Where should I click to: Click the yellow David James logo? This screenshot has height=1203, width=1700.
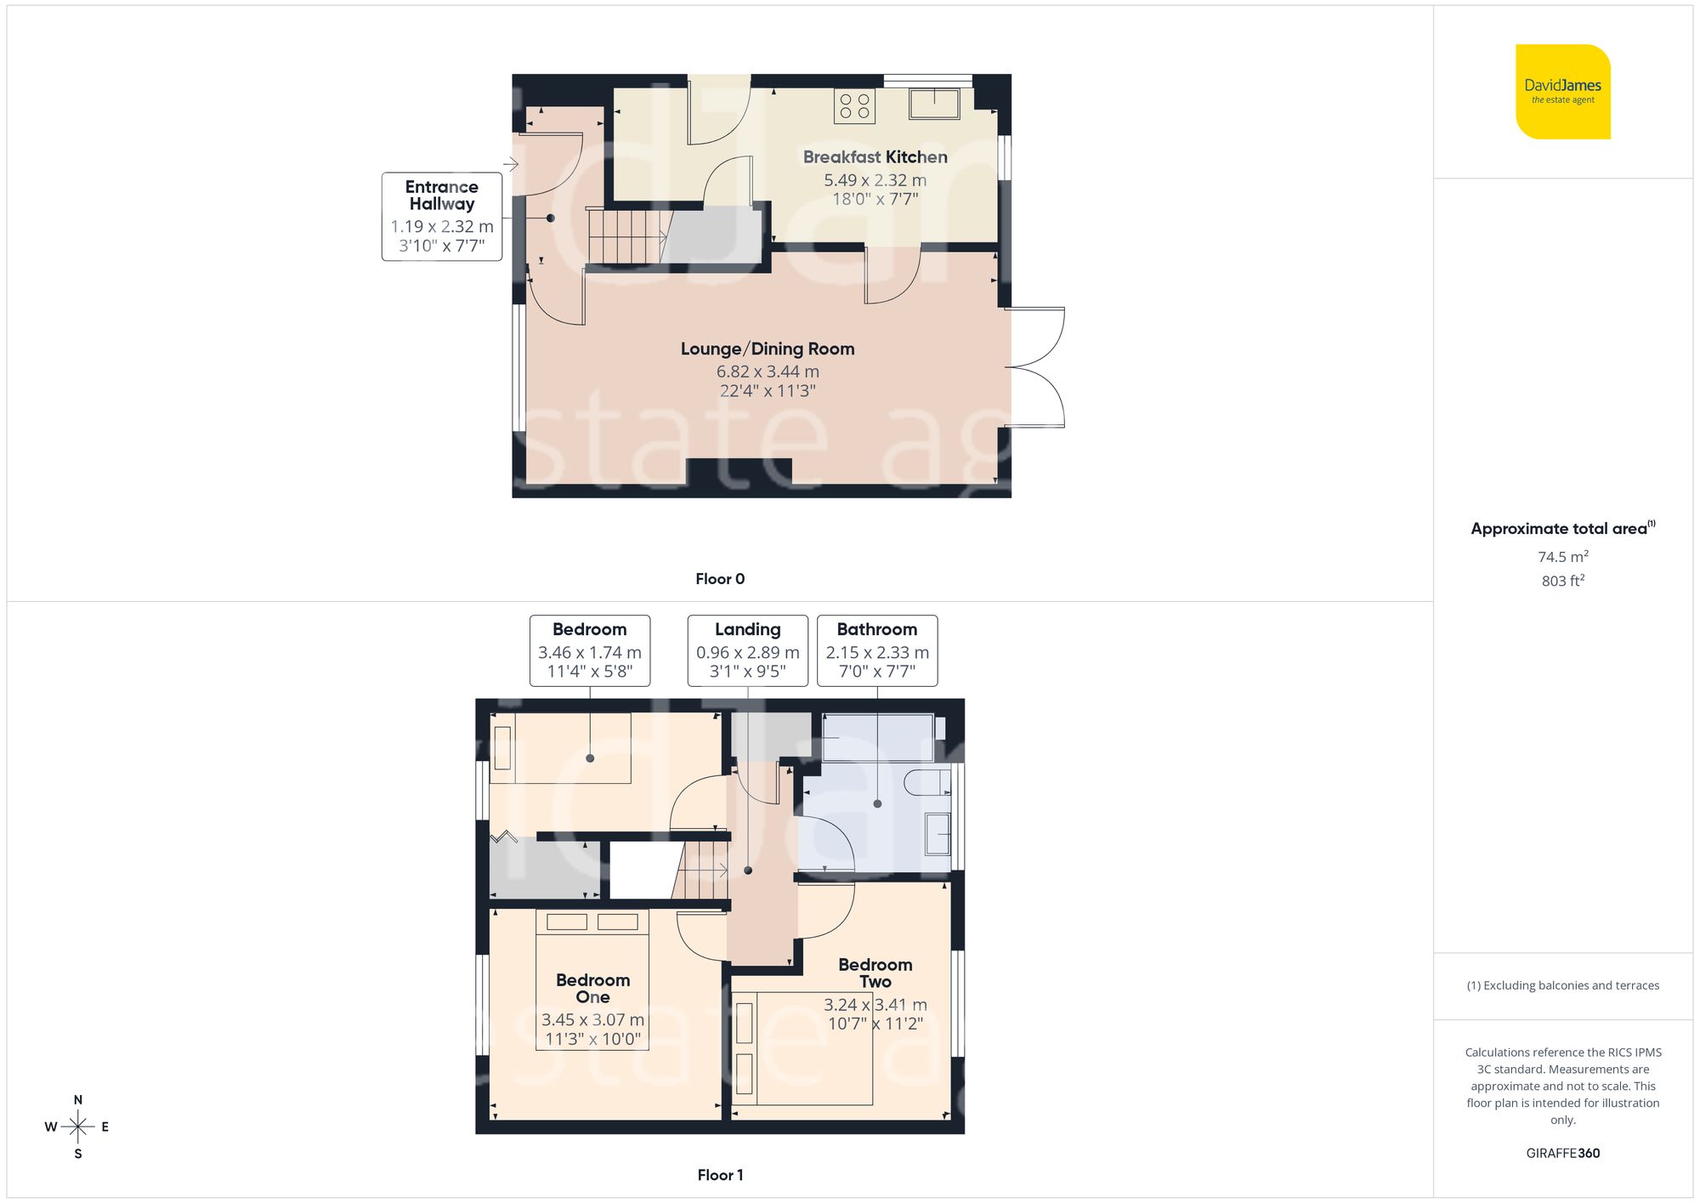click(1562, 92)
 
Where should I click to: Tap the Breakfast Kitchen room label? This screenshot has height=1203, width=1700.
click(875, 157)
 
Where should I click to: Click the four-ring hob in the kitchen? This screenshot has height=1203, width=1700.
click(854, 106)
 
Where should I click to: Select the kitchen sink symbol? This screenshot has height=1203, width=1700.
click(934, 104)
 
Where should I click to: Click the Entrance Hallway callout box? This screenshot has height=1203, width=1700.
click(441, 216)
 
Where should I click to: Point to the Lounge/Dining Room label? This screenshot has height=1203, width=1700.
click(767, 349)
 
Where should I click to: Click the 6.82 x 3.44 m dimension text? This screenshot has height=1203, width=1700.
click(767, 372)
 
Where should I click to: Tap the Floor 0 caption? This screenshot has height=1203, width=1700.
click(719, 579)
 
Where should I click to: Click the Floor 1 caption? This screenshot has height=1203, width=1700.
click(719, 1175)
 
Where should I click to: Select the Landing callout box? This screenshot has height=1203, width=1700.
click(747, 650)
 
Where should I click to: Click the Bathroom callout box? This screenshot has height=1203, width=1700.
click(876, 650)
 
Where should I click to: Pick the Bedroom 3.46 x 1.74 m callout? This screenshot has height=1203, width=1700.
click(589, 650)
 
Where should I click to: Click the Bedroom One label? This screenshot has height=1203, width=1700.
click(592, 988)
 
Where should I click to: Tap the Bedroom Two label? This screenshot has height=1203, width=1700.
click(875, 973)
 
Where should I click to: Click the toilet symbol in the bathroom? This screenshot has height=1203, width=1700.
click(927, 782)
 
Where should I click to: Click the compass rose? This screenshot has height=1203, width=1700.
click(77, 1126)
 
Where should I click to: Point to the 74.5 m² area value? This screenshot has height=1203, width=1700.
click(1562, 557)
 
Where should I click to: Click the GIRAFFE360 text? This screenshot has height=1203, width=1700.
click(1562, 1153)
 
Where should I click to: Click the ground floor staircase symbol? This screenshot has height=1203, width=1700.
click(626, 236)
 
